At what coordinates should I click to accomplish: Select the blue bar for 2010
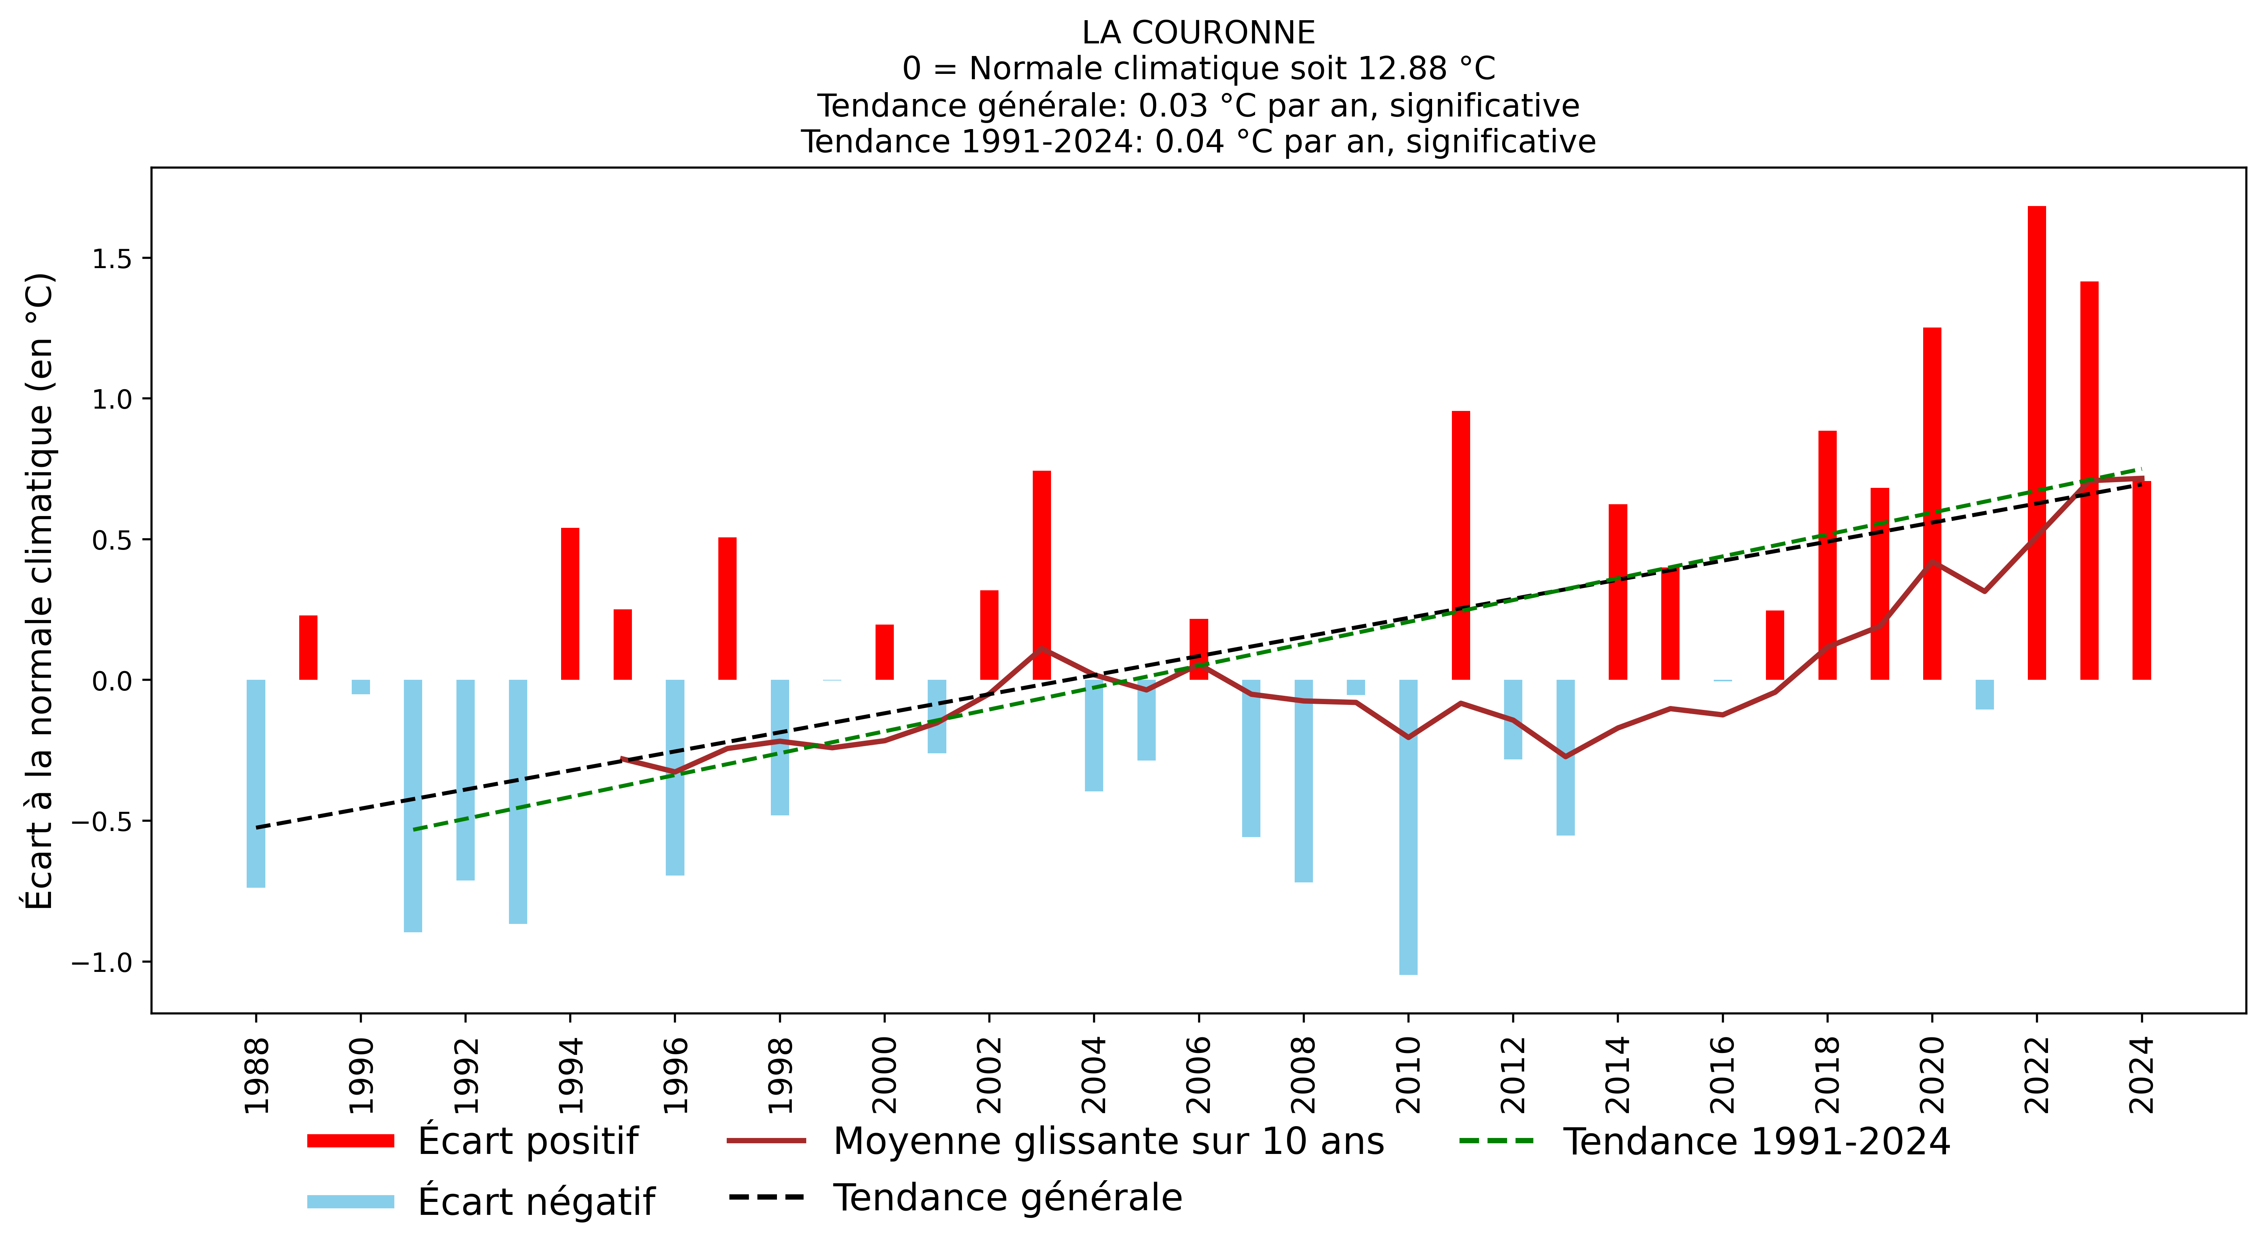(1408, 827)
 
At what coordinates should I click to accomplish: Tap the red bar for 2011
(1461, 545)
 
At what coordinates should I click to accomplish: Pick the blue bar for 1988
(256, 783)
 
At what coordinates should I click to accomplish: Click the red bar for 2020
(1932, 503)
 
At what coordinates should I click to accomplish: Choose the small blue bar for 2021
(1984, 694)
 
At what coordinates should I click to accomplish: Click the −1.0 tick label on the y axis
(100, 962)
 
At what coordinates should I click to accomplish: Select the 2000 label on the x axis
(885, 1075)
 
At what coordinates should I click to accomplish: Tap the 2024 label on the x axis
(2142, 1075)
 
